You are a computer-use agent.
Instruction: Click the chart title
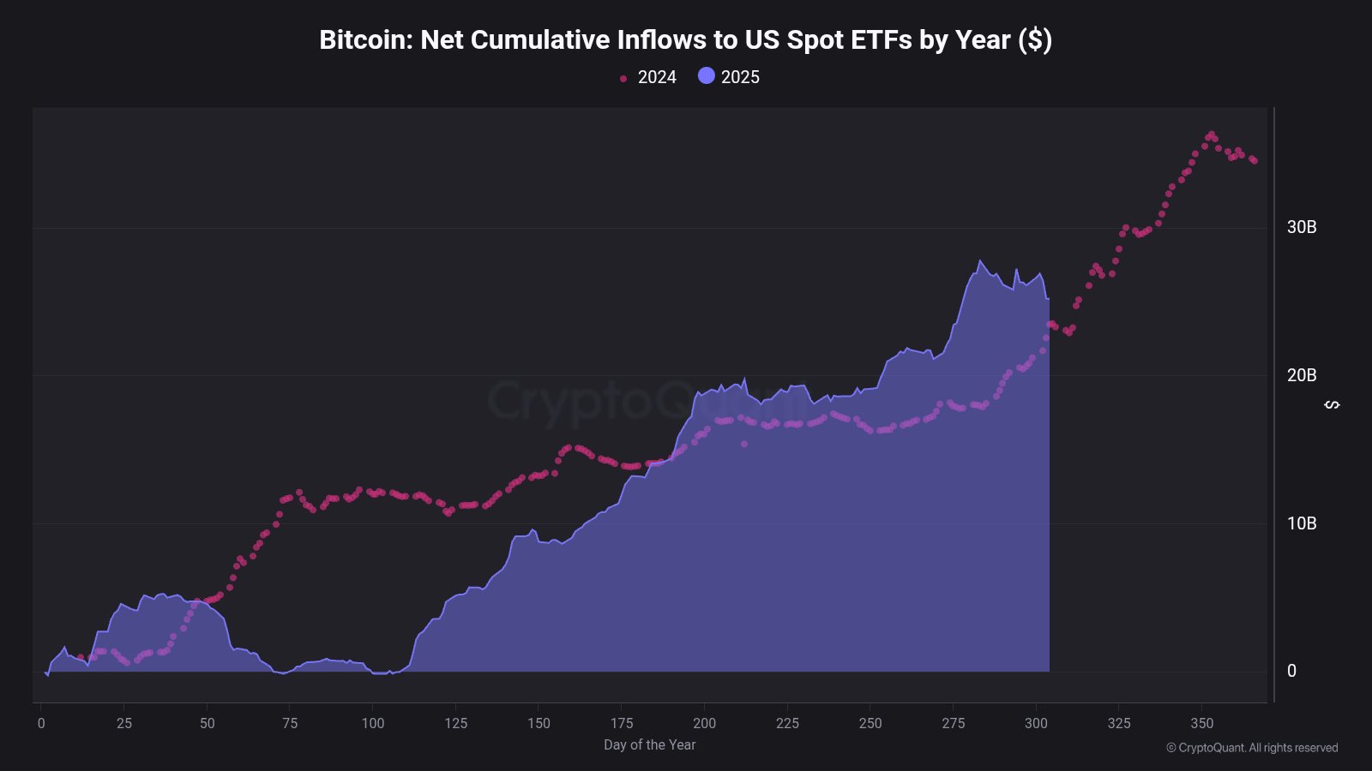685,40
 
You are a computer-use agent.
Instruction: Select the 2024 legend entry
648,77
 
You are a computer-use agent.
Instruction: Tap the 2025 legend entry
730,77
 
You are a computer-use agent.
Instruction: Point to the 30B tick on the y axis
1301,227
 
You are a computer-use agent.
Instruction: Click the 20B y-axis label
1301,375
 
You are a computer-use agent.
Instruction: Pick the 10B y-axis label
1301,523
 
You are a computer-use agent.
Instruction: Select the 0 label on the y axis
1291,672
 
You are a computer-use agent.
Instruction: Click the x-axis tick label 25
124,723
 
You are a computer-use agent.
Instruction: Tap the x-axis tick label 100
373,723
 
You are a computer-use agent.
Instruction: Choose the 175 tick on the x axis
622,723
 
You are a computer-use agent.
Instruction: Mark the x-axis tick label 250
870,723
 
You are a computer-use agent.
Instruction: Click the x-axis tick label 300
1036,723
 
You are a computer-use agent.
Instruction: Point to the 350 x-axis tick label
1202,723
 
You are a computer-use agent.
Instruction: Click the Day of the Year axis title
649,745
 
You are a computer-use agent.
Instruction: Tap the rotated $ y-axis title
1332,404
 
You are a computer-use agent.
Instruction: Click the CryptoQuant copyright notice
1252,748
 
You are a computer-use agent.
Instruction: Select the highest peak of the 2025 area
979,260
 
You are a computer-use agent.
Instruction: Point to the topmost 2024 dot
1211,134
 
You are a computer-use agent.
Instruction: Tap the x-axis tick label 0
41,723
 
